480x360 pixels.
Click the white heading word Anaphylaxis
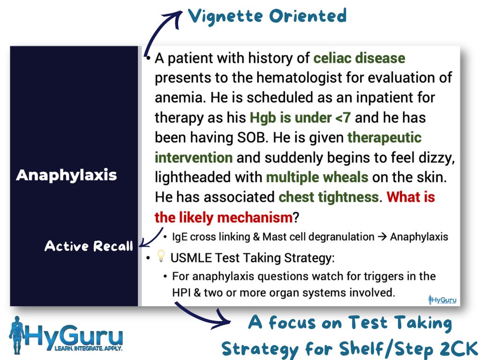[67, 175]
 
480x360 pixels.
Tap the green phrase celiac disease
[360, 58]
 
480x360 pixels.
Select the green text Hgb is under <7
[300, 118]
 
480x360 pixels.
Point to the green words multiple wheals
[317, 177]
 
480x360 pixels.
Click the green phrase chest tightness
[329, 197]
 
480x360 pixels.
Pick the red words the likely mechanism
[224, 217]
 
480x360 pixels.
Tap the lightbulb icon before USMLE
[161, 256]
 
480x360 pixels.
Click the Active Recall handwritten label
[89, 246]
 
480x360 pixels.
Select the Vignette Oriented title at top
[267, 16]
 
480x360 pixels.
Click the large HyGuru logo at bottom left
[66, 335]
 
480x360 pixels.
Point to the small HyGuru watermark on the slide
[442, 300]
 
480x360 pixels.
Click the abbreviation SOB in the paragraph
[251, 137]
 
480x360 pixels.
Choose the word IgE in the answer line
[180, 237]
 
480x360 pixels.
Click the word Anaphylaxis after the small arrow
[419, 237]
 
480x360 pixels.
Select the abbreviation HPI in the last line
[181, 292]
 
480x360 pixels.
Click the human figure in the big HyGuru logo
[17, 335]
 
